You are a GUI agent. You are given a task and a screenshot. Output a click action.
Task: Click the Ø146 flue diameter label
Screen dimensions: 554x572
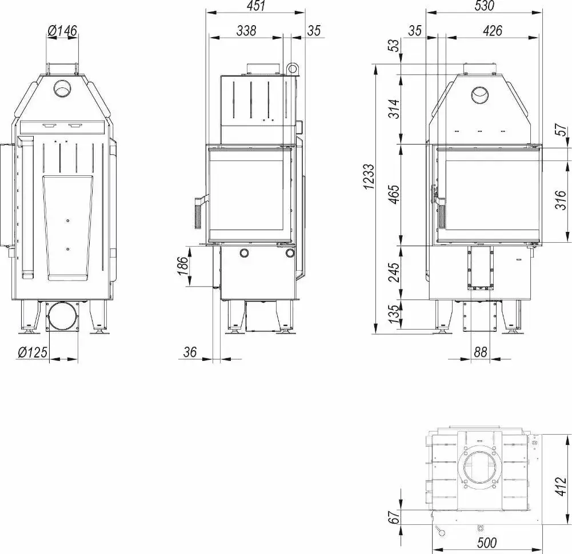[x=62, y=31]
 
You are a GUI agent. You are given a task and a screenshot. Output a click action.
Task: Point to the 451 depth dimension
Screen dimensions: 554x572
[x=256, y=6]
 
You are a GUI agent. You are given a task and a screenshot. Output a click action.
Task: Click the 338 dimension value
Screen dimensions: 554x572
[x=246, y=31]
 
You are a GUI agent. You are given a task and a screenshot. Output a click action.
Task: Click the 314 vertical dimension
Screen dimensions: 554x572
[x=393, y=109]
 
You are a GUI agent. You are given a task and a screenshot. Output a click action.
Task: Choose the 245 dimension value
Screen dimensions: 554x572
[x=393, y=272]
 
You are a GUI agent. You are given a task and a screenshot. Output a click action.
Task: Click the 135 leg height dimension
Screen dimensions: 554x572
[x=393, y=314]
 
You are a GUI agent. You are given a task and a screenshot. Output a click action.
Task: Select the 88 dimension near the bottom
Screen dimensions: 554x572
[x=481, y=352]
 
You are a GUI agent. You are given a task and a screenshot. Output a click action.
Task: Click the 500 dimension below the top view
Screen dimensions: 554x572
[x=486, y=542]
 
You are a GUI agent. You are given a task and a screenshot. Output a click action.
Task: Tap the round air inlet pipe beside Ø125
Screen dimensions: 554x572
[x=62, y=316]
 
